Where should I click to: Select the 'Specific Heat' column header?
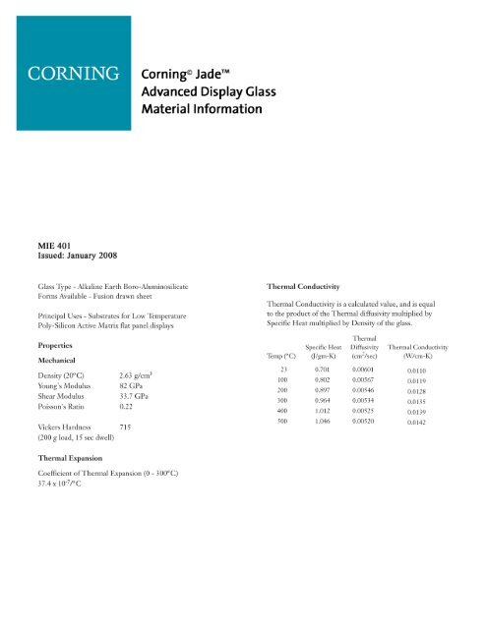pyautogui.click(x=330, y=346)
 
